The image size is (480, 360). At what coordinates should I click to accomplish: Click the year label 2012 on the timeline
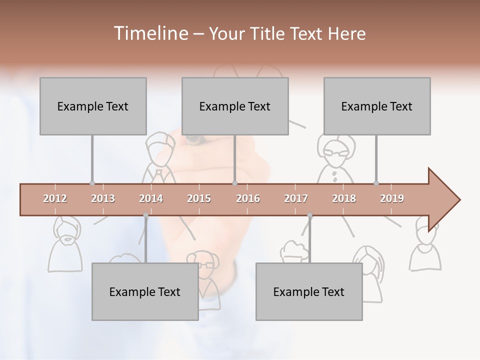click(55, 198)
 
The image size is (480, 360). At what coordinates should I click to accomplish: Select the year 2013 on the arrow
click(103, 198)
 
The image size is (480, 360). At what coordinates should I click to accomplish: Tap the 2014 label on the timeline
click(151, 198)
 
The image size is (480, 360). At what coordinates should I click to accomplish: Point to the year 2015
click(199, 198)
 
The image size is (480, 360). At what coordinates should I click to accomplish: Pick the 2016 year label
click(248, 198)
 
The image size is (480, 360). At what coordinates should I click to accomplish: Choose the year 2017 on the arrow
click(296, 198)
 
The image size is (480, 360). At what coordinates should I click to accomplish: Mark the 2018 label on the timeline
click(344, 198)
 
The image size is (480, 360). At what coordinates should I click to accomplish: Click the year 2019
click(392, 198)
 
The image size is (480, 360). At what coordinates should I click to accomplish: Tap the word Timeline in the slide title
click(149, 33)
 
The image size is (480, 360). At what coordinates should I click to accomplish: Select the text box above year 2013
click(93, 106)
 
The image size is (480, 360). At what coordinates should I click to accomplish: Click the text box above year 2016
click(235, 106)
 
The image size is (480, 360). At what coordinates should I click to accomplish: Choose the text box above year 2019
click(377, 106)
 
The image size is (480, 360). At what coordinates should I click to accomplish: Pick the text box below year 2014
click(145, 291)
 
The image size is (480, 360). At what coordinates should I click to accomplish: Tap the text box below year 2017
click(309, 291)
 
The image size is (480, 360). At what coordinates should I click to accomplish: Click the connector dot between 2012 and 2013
click(92, 183)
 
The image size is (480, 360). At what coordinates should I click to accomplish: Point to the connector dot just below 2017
click(309, 215)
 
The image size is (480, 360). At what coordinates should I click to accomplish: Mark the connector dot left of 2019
click(376, 183)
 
